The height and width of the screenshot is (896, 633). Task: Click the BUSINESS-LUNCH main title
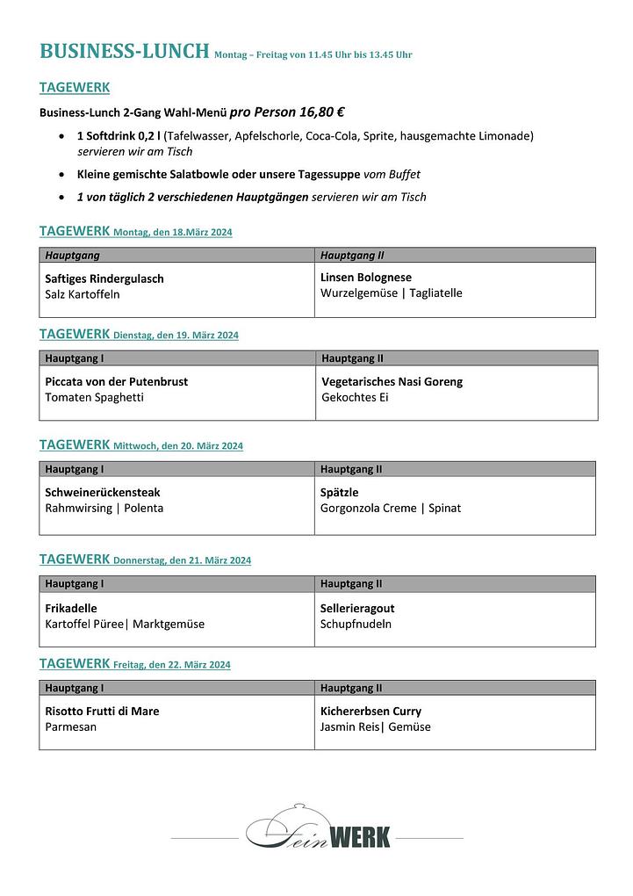tap(124, 52)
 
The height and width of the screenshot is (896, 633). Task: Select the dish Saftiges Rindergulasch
tap(104, 278)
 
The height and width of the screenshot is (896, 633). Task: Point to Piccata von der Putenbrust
tap(116, 382)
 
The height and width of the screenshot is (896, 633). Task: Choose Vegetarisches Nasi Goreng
tap(392, 382)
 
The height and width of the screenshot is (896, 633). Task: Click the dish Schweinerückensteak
tap(103, 493)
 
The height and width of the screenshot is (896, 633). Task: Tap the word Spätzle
tap(339, 493)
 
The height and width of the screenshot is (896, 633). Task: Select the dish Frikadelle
tap(71, 608)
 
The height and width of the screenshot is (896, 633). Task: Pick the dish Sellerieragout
tap(357, 608)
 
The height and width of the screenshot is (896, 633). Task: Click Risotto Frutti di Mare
tap(102, 712)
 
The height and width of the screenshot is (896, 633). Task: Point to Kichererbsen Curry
tap(370, 712)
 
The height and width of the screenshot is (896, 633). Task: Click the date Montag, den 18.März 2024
tap(173, 233)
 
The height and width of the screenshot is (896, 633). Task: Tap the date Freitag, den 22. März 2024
tap(172, 665)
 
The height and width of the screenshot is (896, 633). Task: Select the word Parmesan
tap(71, 727)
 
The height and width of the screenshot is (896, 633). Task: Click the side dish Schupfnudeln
tap(356, 625)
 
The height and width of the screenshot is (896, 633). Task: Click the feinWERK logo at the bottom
tap(318, 832)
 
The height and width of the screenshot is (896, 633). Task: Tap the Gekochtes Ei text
tap(355, 398)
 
